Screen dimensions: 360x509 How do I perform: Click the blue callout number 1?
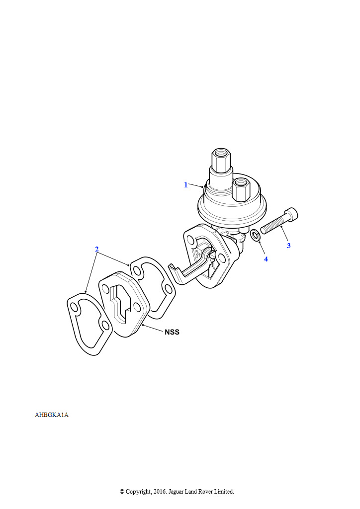[185, 185]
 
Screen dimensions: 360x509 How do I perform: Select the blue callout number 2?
[97, 250]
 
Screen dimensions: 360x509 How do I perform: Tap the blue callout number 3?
[288, 246]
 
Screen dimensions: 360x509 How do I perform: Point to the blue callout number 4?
[266, 259]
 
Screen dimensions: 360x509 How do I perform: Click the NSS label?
[172, 332]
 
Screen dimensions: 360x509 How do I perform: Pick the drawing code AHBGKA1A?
[52, 415]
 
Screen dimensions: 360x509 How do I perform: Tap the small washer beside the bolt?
[256, 235]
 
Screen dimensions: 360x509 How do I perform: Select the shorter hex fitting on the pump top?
[241, 189]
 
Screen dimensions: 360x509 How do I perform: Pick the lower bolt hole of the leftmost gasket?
[104, 325]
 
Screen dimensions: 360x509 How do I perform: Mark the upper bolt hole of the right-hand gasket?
[137, 270]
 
